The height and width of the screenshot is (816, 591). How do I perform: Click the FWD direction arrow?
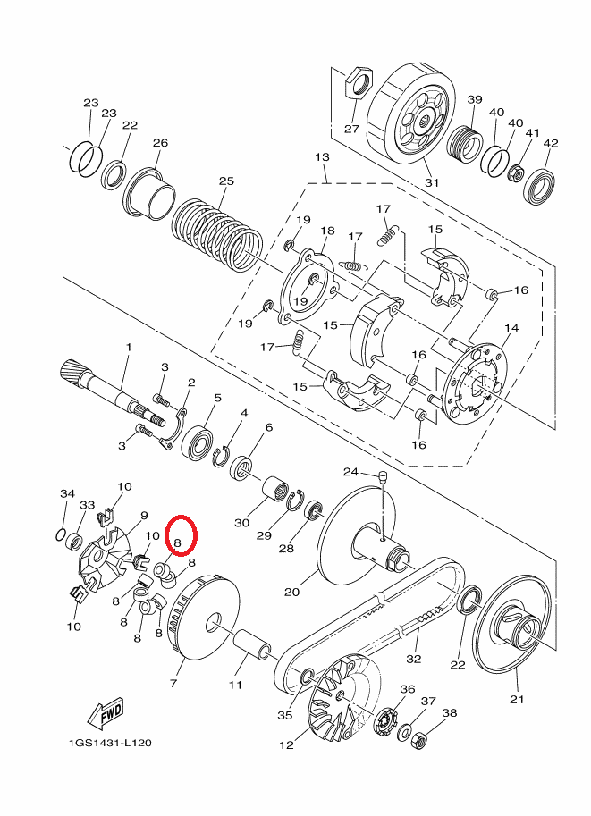tap(106, 712)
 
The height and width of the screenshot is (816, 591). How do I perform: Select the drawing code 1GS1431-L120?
tap(110, 743)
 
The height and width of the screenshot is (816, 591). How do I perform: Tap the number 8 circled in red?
tap(177, 543)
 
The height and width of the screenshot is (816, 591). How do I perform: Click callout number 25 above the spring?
tap(226, 181)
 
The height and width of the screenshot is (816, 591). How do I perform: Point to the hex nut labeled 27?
tap(359, 83)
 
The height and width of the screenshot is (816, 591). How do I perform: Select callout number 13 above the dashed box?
tap(323, 156)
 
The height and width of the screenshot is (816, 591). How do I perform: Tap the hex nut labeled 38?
tap(419, 739)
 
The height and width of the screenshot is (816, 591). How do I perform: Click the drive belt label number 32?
tap(413, 659)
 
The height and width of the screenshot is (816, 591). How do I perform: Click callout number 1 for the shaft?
tap(129, 347)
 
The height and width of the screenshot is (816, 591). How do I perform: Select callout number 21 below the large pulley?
tap(517, 700)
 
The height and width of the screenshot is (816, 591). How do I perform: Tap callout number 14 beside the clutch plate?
tap(511, 328)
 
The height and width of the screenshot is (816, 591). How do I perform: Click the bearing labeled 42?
tap(539, 186)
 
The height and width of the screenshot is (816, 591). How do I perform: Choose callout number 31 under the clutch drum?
tap(432, 182)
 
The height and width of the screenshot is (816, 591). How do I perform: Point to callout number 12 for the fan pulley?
tap(286, 744)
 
